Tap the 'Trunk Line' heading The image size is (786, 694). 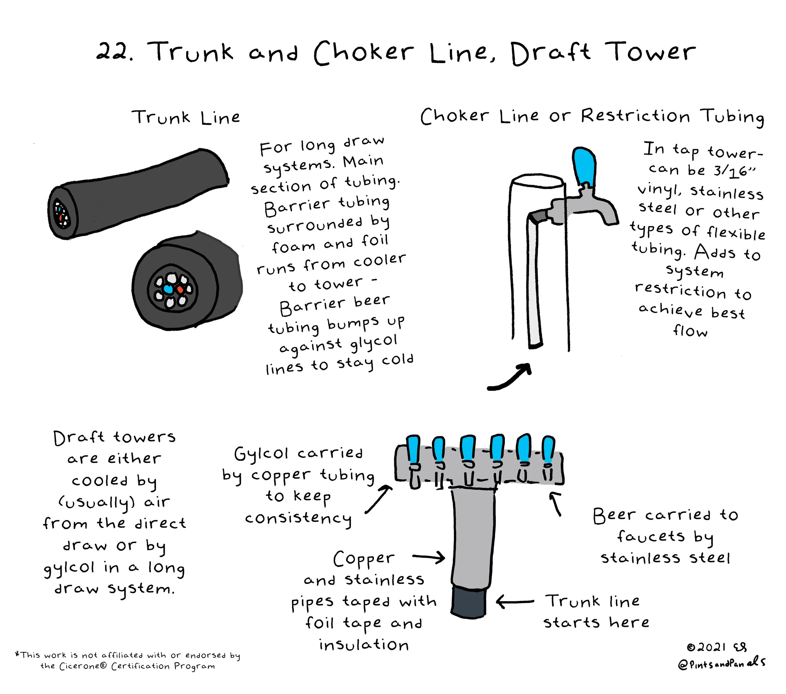[186, 117]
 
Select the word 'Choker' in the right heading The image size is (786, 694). [455, 116]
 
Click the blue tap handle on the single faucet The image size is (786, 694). [584, 166]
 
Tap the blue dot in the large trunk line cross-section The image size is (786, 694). [168, 288]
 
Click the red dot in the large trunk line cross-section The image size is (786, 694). [180, 289]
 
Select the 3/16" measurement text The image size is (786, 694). [734, 171]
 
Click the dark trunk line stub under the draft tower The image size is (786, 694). [468, 601]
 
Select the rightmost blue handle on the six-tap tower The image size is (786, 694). [548, 450]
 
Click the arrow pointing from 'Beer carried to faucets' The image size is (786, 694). [555, 504]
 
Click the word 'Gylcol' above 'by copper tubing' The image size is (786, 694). [261, 454]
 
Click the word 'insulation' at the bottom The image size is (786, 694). [364, 644]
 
